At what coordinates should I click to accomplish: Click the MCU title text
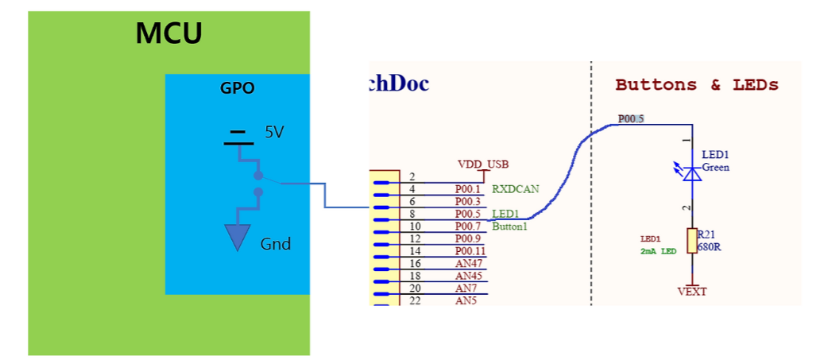coord(168,33)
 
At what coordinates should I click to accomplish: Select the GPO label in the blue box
coord(237,88)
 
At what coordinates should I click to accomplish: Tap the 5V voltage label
coord(274,132)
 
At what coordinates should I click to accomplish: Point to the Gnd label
coord(276,244)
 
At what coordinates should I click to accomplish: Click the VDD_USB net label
coord(481,164)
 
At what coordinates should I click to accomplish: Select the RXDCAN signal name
coord(516,189)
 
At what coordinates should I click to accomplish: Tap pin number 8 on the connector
coord(412,214)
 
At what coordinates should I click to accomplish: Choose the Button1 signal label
coord(510,226)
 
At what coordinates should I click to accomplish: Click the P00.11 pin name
coord(470,251)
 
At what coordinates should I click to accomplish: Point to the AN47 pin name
coord(468,264)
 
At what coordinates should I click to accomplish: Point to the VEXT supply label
coord(692,292)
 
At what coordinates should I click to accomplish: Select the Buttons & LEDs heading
coord(697,85)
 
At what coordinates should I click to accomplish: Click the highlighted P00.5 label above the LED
coord(631,119)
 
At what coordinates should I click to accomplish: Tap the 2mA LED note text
coord(659,251)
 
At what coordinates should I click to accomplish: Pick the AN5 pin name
coord(466,301)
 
